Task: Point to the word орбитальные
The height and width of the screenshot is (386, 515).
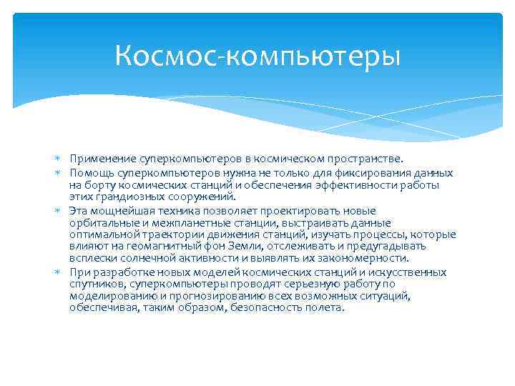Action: click(x=102, y=223)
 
